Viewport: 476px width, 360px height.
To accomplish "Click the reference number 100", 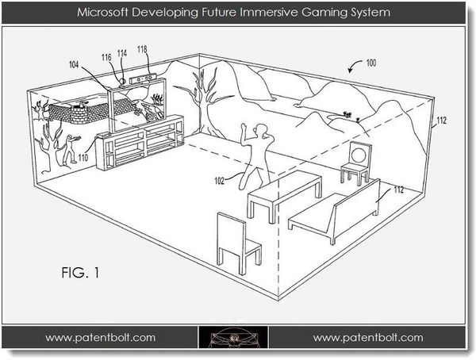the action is point(371,63).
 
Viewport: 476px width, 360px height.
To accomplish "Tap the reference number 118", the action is point(142,49).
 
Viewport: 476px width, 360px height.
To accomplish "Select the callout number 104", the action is point(74,64).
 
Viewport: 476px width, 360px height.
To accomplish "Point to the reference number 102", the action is point(219,181).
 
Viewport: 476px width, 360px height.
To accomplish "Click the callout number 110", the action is point(83,158).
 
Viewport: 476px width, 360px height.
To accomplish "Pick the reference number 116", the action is point(106,57).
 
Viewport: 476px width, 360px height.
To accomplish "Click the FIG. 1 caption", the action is point(80,273).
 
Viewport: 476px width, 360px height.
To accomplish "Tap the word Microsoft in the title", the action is point(102,13).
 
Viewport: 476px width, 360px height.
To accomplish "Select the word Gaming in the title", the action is point(325,13).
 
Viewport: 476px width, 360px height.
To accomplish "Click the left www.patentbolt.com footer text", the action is point(100,338).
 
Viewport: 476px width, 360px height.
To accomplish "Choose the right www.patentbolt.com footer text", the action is point(368,338).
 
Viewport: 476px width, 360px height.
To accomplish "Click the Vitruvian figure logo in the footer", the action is point(233,337).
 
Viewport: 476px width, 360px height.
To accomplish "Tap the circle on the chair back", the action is point(359,154).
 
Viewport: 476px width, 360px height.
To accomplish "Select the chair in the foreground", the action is point(237,243).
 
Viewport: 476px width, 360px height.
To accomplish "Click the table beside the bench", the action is point(284,194).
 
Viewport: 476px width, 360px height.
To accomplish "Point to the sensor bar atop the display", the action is point(143,79).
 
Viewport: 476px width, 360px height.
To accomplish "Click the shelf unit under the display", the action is point(140,141).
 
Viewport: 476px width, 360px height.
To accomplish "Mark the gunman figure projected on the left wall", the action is point(71,149).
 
